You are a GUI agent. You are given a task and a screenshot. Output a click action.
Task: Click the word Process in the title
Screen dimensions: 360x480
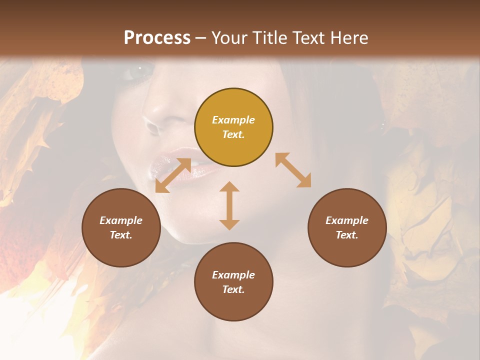pyautogui.click(x=157, y=38)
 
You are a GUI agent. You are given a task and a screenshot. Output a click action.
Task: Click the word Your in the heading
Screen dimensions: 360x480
pyautogui.click(x=230, y=38)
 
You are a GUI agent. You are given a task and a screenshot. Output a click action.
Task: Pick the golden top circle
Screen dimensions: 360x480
pyautogui.click(x=233, y=127)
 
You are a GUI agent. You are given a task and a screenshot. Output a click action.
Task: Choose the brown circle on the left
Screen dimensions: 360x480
pyautogui.click(x=121, y=227)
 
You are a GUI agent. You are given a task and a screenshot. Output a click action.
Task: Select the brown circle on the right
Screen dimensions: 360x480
pyautogui.click(x=347, y=227)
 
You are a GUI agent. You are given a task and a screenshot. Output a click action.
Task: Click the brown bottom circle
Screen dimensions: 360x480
pyautogui.click(x=233, y=282)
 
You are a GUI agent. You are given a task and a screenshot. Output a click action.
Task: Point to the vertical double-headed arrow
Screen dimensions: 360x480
pyautogui.click(x=229, y=205)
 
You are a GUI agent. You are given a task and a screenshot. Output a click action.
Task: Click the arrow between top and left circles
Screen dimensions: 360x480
pyautogui.click(x=173, y=175)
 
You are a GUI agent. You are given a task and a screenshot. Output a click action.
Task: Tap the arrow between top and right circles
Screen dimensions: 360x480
pyautogui.click(x=293, y=170)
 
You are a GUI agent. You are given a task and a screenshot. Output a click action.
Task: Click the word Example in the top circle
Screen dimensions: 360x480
pyautogui.click(x=233, y=120)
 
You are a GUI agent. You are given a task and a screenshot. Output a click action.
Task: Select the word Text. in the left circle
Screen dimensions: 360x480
pyautogui.click(x=121, y=235)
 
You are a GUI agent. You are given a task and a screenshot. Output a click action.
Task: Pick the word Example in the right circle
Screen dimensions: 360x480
pyautogui.click(x=347, y=220)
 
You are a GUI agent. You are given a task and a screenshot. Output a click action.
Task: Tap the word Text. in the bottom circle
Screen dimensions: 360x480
pyautogui.click(x=233, y=289)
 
